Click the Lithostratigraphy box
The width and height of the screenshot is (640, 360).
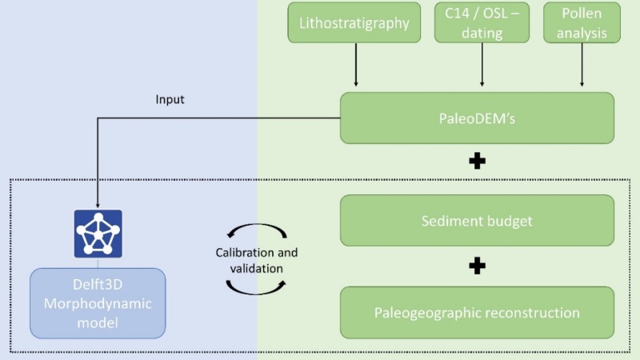click(355, 22)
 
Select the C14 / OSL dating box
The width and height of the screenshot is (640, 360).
click(482, 22)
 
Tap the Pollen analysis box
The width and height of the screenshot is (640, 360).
click(582, 22)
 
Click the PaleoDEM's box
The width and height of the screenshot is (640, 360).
click(477, 118)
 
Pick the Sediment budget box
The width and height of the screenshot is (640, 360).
click(477, 220)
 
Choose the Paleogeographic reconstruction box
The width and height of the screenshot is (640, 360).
click(477, 312)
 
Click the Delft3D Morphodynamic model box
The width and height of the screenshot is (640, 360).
click(98, 303)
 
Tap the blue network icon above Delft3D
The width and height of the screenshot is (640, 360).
click(98, 234)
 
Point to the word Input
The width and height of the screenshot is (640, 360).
click(170, 100)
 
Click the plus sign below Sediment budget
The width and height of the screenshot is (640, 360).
click(478, 266)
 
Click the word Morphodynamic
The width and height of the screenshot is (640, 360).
click(98, 304)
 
